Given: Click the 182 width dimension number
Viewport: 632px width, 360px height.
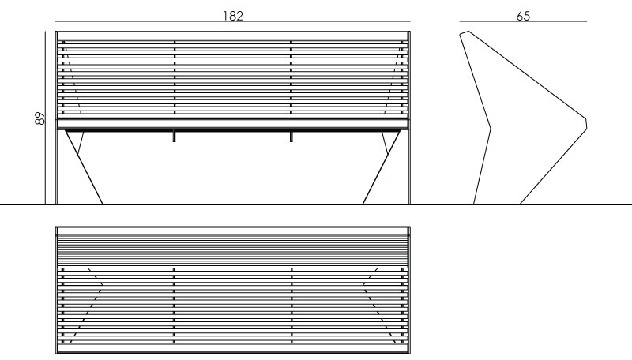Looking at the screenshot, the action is (x=233, y=16).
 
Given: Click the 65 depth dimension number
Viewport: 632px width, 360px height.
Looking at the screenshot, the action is (x=523, y=16).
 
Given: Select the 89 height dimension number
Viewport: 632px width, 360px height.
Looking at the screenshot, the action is (x=40, y=118).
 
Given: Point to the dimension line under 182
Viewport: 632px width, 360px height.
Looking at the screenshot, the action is (x=232, y=21).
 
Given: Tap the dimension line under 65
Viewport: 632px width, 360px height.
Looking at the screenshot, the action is (x=523, y=21).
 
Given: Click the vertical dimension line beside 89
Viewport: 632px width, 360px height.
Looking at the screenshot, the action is (x=46, y=118).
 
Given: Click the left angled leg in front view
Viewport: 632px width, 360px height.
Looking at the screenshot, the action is (x=85, y=167).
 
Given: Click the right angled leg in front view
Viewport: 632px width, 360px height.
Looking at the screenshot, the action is (x=382, y=167).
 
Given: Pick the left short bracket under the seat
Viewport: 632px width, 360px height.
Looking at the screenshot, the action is (x=174, y=136).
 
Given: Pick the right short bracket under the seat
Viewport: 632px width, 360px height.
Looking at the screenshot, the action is (x=291, y=136).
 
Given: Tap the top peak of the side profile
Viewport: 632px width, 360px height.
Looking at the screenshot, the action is (x=468, y=32).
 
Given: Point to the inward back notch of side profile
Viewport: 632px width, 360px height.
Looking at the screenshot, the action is (x=490, y=129).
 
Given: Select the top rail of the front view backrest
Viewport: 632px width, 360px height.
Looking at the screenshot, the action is (x=232, y=36).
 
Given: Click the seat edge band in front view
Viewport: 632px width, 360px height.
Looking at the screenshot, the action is (x=232, y=124).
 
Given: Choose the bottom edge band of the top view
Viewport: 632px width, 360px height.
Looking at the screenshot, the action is (x=232, y=348).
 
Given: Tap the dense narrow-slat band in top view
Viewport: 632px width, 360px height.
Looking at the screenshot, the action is (x=232, y=250).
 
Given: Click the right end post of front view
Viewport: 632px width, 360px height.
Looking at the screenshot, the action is (x=409, y=118).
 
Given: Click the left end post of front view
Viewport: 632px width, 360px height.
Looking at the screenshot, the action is (x=56, y=118).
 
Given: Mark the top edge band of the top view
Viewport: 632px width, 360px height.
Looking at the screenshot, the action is (x=232, y=231).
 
